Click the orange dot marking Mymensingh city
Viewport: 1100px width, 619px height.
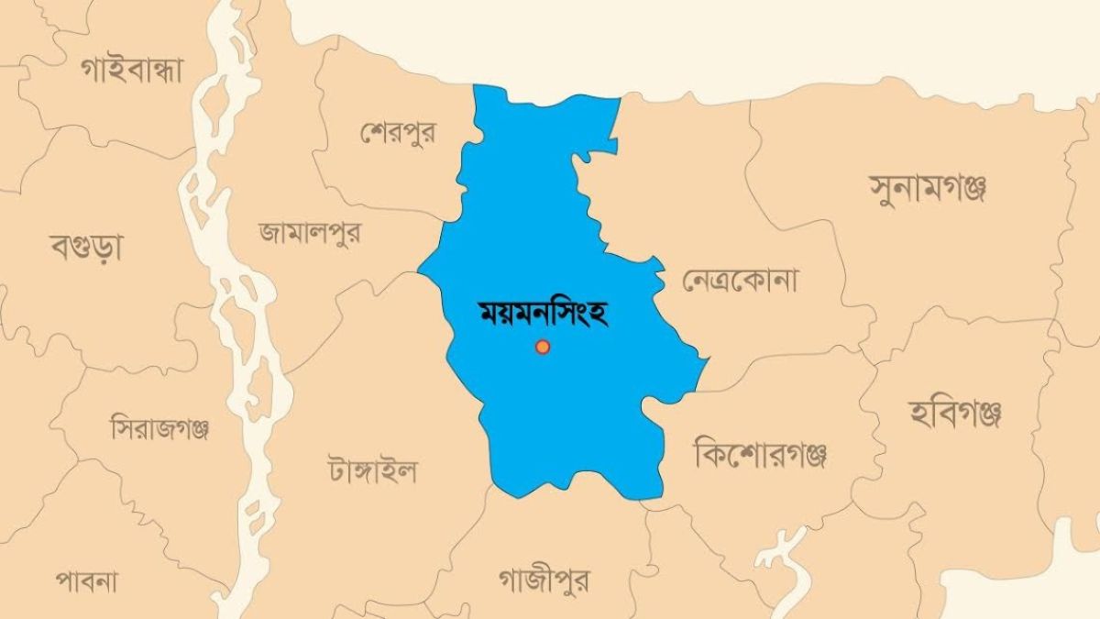543,347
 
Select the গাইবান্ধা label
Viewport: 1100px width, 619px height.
132,70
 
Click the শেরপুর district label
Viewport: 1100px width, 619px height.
398,133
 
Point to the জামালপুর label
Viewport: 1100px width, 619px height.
309,232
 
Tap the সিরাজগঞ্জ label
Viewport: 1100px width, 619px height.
161,427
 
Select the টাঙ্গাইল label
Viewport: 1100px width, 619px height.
371,470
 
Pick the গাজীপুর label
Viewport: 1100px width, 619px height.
544,580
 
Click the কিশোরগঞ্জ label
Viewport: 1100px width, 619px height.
761,452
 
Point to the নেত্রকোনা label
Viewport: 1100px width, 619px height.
740,280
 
